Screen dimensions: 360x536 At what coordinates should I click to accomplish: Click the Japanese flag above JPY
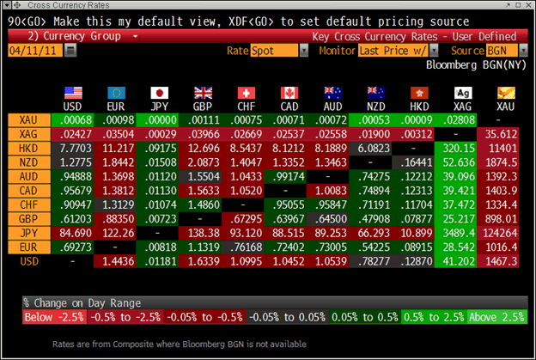click(x=161, y=92)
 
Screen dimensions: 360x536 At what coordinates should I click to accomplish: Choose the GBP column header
click(x=204, y=106)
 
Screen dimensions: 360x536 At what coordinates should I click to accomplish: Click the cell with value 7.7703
click(x=73, y=149)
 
